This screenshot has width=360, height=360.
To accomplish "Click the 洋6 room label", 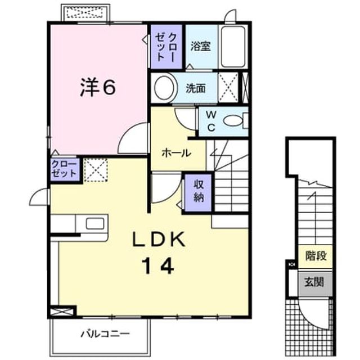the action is point(97,88).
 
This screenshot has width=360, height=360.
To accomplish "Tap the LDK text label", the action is point(159,239).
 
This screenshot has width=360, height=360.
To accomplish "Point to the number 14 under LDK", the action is point(158,265).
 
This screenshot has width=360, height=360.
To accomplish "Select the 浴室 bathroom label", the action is point(201,46).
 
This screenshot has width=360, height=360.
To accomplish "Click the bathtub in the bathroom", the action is point(233,47).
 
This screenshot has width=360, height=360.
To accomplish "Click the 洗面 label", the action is point(196,88).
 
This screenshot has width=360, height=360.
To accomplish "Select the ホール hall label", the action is point(176,153).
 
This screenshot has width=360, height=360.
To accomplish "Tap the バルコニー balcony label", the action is point(105,334).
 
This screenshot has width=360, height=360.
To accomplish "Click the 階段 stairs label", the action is point(316,255).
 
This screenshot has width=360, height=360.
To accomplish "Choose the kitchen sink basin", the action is point(95,223).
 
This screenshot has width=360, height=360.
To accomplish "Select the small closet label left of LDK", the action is point(64,169).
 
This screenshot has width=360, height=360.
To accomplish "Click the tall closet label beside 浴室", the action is point(166,47).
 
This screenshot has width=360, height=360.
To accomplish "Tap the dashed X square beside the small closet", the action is point(96,170).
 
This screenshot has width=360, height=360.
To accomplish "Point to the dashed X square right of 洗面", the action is point(228,88).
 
